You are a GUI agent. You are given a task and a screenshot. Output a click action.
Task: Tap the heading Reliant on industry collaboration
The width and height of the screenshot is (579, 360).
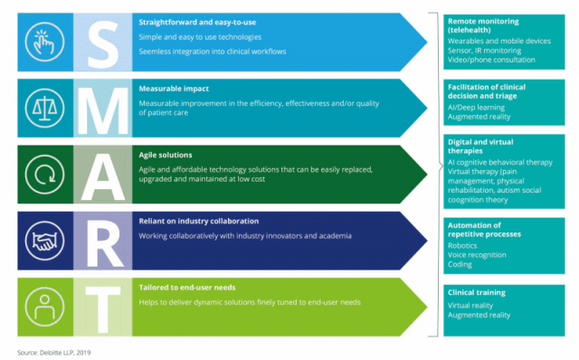[x=198, y=222]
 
